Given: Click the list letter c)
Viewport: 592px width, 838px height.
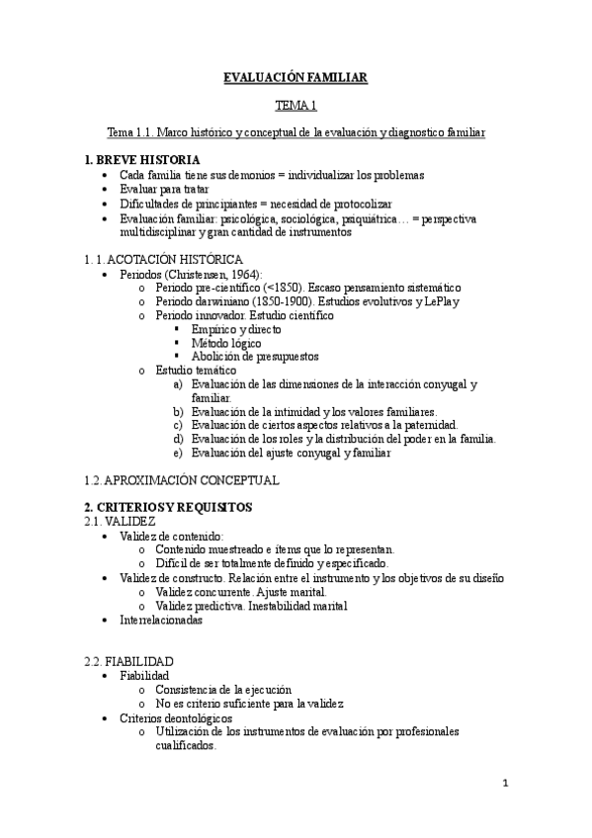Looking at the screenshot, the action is tap(178, 425).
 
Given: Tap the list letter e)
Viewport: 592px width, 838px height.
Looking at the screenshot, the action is tap(178, 453).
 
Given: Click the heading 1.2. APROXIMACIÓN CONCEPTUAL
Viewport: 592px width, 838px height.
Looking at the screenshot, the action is tap(182, 480).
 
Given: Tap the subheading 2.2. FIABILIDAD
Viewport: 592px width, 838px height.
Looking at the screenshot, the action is tap(128, 661).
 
